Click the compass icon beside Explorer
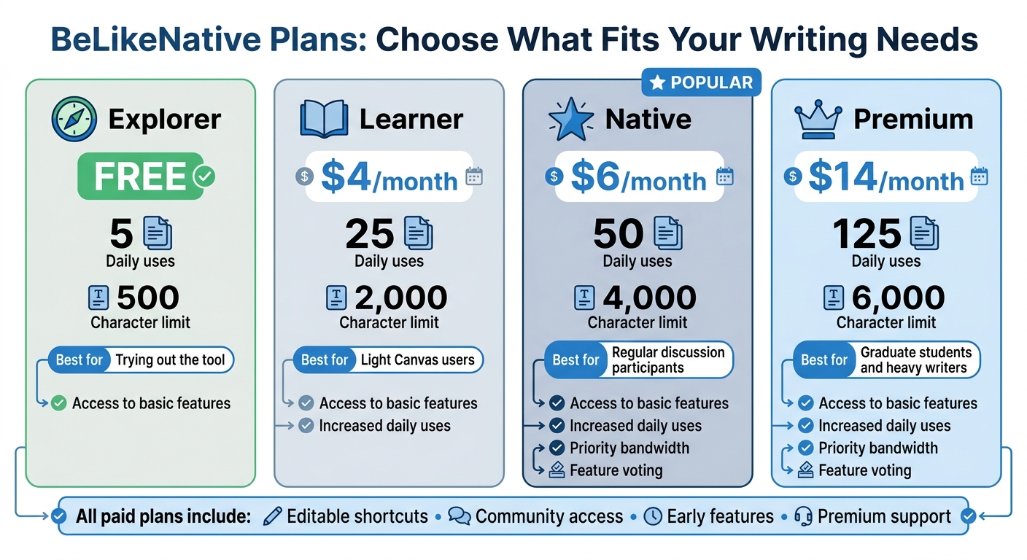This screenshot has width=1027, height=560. point(74,120)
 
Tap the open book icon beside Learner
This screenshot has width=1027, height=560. point(325,120)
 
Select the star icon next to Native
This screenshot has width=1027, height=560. point(571,120)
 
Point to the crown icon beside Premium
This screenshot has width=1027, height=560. point(819,120)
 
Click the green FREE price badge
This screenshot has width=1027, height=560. point(140,176)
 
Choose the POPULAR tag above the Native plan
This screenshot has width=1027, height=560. point(701,83)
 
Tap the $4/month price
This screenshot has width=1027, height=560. point(389,178)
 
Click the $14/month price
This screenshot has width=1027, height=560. point(885,178)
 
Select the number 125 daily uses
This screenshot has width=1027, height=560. point(867,233)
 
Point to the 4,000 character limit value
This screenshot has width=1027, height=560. point(649,297)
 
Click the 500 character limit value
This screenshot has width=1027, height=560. point(148,297)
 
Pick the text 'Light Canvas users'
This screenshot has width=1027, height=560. point(417,359)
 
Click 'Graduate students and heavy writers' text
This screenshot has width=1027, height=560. point(915,360)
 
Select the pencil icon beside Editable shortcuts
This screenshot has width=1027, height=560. point(272,517)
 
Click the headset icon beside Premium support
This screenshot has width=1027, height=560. point(803,517)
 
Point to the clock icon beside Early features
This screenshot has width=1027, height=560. point(653,517)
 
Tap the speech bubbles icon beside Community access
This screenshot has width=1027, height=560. point(460,517)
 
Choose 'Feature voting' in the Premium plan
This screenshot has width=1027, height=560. point(864,470)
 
